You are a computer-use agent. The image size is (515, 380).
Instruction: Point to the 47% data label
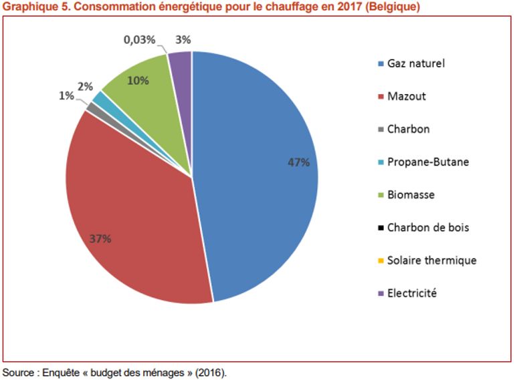point(298,162)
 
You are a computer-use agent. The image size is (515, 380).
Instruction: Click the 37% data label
point(99,238)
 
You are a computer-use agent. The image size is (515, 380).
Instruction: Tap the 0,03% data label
point(140,40)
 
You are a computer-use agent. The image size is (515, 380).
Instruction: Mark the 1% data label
point(66,96)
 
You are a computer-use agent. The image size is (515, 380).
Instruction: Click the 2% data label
point(85,86)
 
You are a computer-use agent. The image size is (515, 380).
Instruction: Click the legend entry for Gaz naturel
point(416,64)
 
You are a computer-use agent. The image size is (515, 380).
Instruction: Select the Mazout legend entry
point(406,96)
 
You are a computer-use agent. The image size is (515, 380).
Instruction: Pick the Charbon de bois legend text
point(428,228)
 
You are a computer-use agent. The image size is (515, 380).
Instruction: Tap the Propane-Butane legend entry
point(428,162)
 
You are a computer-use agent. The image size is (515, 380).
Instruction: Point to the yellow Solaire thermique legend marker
point(381,260)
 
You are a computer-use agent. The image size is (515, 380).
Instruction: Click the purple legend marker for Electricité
point(381,293)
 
